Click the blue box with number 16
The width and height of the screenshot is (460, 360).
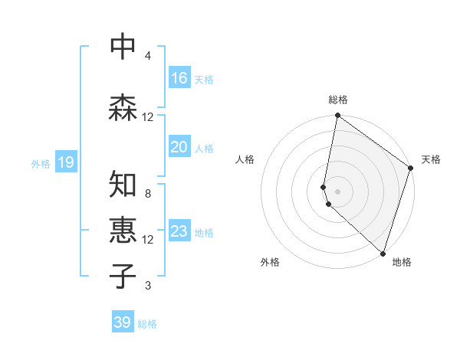(179, 78)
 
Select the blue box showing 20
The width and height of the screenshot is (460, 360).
(179, 147)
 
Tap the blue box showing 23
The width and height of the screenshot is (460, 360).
(179, 231)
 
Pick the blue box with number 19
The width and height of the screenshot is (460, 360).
(65, 162)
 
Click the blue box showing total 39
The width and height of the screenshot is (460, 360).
(123, 322)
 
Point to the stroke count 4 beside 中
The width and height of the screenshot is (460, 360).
(147, 56)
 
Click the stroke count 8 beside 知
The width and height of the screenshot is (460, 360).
(147, 194)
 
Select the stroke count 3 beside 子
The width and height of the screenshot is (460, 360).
(147, 286)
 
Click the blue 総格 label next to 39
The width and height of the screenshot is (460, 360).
(148, 324)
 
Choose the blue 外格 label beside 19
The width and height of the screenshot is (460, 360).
(40, 163)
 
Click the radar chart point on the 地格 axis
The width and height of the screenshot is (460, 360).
(383, 254)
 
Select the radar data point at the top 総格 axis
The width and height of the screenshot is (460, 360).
(337, 116)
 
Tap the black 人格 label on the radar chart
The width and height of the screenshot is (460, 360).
(245, 159)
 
